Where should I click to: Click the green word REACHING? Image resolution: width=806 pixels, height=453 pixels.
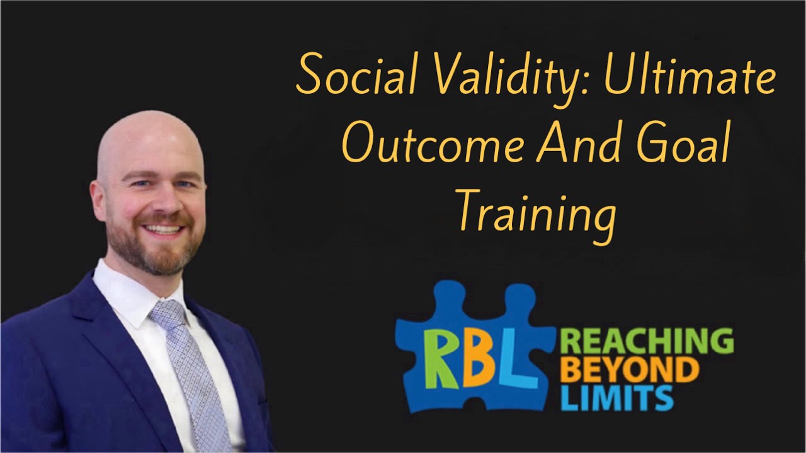(x=646, y=342)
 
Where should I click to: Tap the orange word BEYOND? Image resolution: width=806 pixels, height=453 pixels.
(x=629, y=371)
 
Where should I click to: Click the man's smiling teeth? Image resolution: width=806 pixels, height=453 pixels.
(x=162, y=230)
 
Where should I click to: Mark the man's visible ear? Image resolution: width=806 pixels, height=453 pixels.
(x=98, y=201)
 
